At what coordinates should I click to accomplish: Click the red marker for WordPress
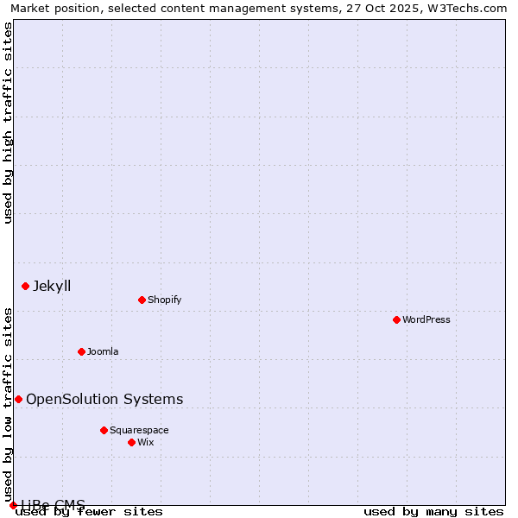pos(396,319)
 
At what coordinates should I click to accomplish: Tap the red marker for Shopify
pos(142,300)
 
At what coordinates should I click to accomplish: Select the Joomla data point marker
pos(81,351)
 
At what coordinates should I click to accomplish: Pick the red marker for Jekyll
pos(25,286)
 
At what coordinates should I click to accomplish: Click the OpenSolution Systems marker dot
pos(18,399)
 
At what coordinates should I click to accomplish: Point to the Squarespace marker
pos(104,430)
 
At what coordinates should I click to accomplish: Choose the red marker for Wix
pos(131,442)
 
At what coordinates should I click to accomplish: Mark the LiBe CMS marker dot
pos(13,505)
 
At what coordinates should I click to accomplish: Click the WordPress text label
pos(426,319)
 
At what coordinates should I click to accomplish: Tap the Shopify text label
pos(164,300)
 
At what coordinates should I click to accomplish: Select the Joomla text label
pos(103,351)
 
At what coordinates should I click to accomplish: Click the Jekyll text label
pos(52,286)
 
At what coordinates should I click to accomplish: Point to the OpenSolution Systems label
pos(104,399)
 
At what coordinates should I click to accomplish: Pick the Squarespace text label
pos(139,430)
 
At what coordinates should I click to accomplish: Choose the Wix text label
pos(145,442)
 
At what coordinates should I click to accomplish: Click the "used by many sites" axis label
pos(433,512)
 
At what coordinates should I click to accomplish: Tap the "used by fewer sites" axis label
pos(90,512)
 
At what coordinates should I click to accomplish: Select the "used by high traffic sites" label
pos(9,123)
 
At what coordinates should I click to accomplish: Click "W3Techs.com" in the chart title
pos(468,8)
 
